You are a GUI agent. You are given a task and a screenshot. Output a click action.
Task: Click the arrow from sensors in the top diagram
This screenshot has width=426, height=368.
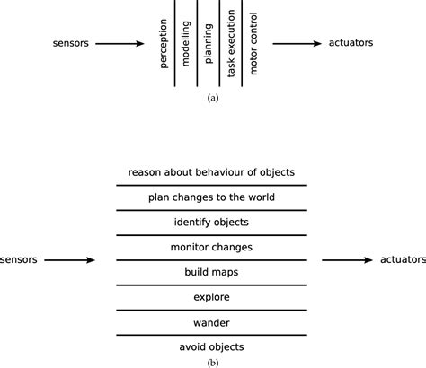[118, 42]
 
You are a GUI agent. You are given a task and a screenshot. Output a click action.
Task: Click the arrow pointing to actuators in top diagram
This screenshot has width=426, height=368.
[300, 42]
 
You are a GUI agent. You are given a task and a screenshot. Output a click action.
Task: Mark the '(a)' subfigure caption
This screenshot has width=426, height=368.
[212, 96]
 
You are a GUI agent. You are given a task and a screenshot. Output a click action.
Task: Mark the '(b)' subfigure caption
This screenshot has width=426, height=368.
[212, 363]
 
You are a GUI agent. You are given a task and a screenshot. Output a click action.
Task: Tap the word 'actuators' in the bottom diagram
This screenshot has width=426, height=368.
[396, 259]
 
